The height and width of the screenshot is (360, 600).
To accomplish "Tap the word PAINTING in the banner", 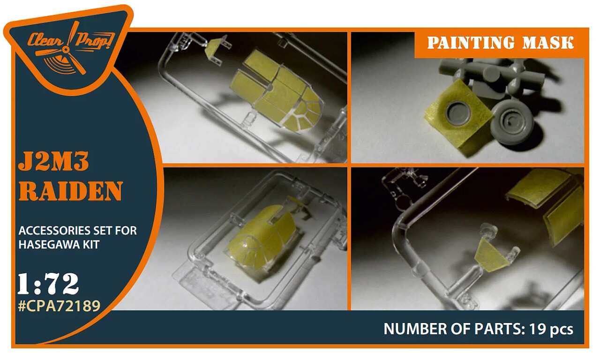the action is pos(471,43).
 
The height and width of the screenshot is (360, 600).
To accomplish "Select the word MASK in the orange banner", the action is pos(548,43).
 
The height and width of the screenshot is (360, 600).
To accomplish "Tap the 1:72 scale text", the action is pos(48,284).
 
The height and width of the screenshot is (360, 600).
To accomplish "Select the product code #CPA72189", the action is pos(59,306).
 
